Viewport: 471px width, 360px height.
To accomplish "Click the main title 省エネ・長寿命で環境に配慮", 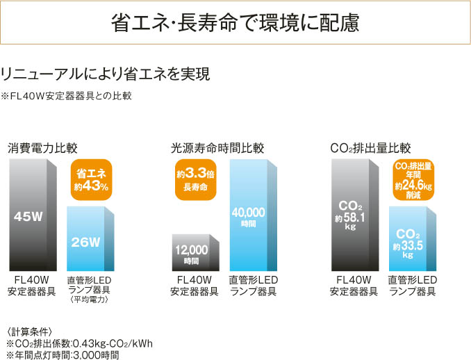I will (x=235, y=23).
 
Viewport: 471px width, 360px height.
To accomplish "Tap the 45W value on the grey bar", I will (x=28, y=216).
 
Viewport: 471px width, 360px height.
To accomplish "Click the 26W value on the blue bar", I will (x=87, y=242).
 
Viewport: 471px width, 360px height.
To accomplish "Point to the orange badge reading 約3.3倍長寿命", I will (x=195, y=179).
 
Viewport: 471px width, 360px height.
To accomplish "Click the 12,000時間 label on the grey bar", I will (x=191, y=253).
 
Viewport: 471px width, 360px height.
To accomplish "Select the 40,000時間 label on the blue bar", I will (x=249, y=216).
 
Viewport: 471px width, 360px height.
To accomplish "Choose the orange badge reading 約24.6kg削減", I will (x=413, y=180).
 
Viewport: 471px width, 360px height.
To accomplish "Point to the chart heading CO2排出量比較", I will (x=370, y=148).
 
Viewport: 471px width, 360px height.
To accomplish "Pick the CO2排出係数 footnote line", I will (x=79, y=343).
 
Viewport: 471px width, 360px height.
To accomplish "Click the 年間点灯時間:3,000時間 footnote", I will (x=63, y=354).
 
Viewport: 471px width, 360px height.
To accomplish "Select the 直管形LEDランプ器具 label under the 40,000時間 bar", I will (x=253, y=286).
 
